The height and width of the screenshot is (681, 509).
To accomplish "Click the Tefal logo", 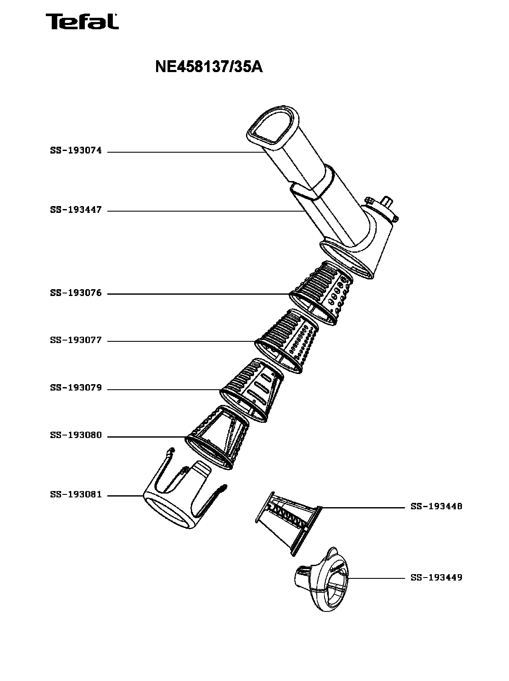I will coord(82,22).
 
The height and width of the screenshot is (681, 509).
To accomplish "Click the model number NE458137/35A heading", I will coord(209,67).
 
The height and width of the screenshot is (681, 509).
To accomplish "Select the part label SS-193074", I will coord(76,151).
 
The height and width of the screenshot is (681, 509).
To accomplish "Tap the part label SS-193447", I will coord(76,210).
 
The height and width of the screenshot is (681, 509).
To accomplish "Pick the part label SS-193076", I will coord(76,293).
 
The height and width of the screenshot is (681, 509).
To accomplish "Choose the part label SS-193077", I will coord(76,340).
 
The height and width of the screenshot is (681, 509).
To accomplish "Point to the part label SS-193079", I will coord(76,388).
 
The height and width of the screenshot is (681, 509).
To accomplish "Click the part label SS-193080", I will coord(76,435).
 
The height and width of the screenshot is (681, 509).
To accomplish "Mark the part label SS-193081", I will coord(76,495).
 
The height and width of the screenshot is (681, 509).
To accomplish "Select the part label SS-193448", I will coord(436,507).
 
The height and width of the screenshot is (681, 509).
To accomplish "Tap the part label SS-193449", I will coord(436,578).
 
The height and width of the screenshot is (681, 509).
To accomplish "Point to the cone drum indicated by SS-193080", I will coord(218,437).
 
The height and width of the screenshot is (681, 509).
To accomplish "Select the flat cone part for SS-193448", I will coord(288,522).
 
